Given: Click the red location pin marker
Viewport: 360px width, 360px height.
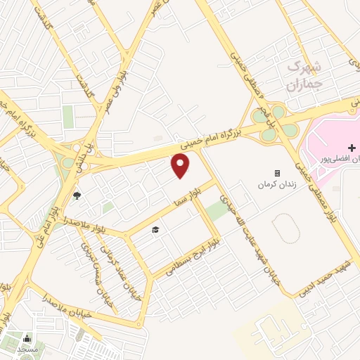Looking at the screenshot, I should click(181, 165).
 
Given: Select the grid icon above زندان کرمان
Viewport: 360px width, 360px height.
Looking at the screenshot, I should click(277, 173).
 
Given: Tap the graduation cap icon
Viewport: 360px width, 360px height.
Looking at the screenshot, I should click(155, 230).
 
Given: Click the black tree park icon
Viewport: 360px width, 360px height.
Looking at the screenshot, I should click(77, 196).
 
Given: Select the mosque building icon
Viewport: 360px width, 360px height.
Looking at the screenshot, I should click(27, 338).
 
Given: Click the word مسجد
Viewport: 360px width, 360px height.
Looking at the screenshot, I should click(27, 349).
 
